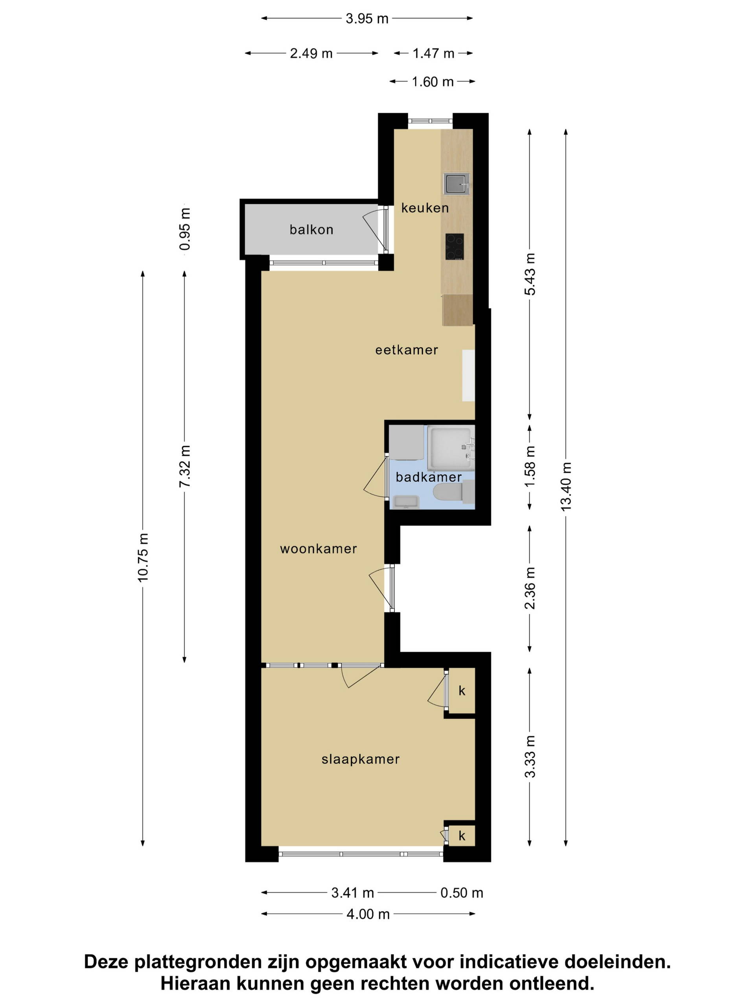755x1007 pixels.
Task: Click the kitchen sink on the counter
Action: (457, 184)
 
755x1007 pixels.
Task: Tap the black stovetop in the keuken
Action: (454, 246)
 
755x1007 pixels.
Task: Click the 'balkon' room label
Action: (311, 229)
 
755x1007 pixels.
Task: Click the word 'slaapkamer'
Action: (361, 759)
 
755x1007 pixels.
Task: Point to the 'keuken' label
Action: (425, 208)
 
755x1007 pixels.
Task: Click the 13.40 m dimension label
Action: (566, 486)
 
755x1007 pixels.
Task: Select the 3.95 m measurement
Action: (367, 18)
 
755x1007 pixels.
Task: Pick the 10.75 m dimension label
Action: (143, 557)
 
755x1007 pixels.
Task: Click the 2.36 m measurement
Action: (530, 588)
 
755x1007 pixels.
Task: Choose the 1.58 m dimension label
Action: (530, 466)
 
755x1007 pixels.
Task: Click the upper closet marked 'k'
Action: (462, 691)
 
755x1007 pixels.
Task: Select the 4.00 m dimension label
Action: (368, 914)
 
